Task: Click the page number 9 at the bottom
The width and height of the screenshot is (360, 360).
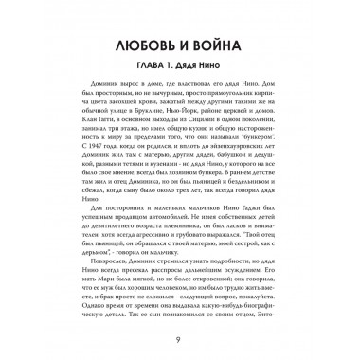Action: [x=179, y=342]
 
